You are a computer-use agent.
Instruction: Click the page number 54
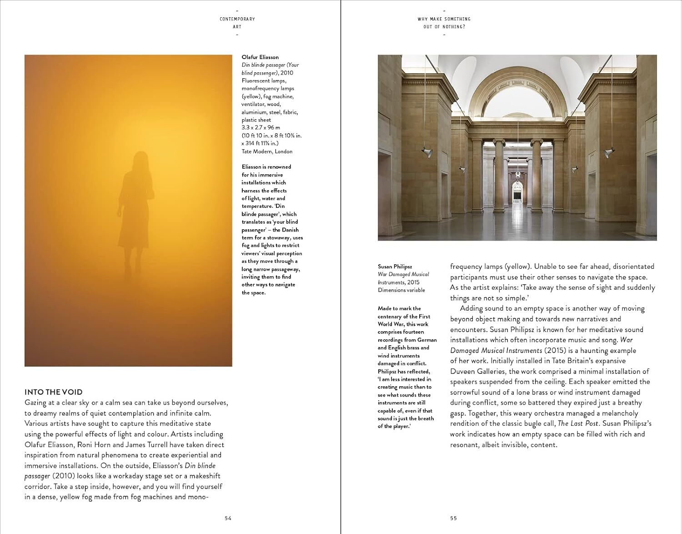tap(228, 518)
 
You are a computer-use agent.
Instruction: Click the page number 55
tap(453, 518)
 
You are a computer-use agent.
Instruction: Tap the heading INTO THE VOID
tap(53, 392)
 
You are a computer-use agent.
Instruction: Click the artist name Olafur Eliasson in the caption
tap(260, 57)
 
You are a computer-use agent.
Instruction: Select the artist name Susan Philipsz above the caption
tap(395, 267)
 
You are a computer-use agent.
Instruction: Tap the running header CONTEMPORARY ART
tap(237, 23)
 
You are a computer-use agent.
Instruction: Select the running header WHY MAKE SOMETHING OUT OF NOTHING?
tap(444, 23)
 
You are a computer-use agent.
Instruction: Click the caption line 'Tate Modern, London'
tap(267, 151)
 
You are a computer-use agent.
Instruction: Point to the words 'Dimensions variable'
tap(401, 290)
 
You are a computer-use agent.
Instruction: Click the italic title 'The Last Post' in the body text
tap(578, 423)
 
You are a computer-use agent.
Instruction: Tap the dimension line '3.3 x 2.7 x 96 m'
tap(261, 128)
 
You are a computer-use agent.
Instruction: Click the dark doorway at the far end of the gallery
tap(517, 194)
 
